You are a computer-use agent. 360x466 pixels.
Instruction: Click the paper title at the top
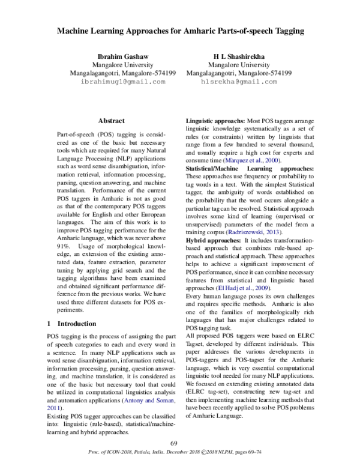[179, 30]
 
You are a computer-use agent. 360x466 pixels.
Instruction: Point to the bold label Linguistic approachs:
[213, 121]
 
